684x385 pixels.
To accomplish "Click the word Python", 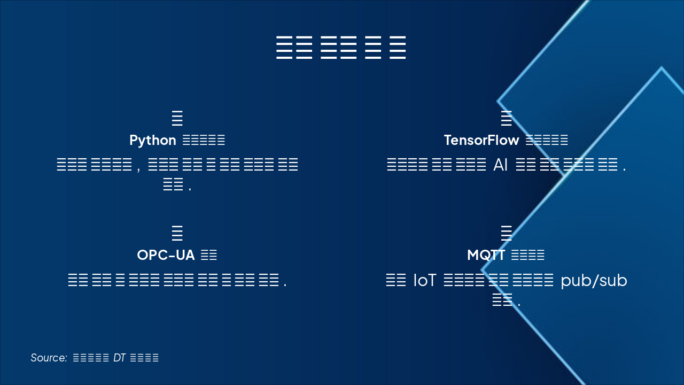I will [x=152, y=141].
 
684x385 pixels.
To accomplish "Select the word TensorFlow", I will [x=481, y=141].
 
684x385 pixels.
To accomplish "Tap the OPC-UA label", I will [x=166, y=256].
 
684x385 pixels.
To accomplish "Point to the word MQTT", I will [x=486, y=256].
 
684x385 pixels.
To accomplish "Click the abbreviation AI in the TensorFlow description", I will [x=501, y=165].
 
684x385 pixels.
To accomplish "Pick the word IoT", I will [x=425, y=281].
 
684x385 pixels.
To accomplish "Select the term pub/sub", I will [x=594, y=281].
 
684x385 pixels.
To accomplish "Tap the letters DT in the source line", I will [x=119, y=358].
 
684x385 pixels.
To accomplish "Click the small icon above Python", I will [x=177, y=118].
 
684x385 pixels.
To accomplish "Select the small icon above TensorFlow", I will [x=506, y=118].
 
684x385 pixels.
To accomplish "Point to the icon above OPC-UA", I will [x=177, y=233].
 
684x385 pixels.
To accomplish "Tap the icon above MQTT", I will [x=506, y=233].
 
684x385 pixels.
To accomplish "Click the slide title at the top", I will [x=341, y=48].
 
